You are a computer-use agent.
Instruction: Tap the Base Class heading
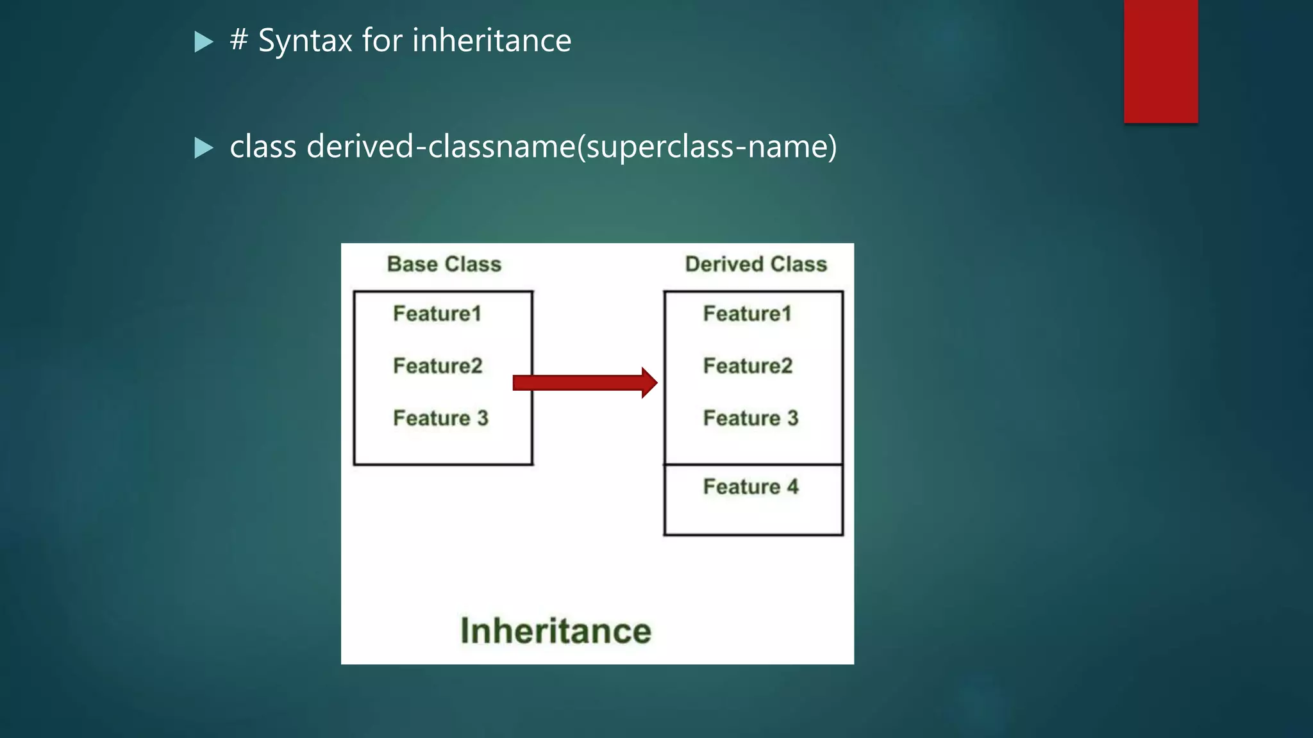pyautogui.click(x=444, y=264)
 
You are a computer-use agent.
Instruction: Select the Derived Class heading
pyautogui.click(x=756, y=264)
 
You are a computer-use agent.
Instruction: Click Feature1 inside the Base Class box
pyautogui.click(x=437, y=314)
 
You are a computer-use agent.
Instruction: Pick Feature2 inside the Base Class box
pyautogui.click(x=437, y=366)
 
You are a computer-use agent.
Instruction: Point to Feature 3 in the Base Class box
pyautogui.click(x=440, y=418)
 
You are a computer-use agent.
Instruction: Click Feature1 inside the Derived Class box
pyautogui.click(x=747, y=314)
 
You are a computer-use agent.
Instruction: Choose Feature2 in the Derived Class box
pyautogui.click(x=748, y=366)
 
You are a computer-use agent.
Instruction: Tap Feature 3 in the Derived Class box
pyautogui.click(x=751, y=418)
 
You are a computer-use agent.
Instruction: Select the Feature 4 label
pyautogui.click(x=751, y=487)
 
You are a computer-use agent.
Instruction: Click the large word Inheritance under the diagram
pyautogui.click(x=556, y=631)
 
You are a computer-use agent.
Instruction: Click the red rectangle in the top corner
pyautogui.click(x=1160, y=61)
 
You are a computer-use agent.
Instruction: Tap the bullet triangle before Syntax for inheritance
pyautogui.click(x=203, y=42)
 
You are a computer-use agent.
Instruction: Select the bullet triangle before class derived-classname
pyautogui.click(x=203, y=148)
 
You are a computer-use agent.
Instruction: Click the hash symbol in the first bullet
pyautogui.click(x=239, y=40)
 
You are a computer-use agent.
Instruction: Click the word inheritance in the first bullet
pyautogui.click(x=492, y=41)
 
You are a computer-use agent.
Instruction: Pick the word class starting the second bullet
pyautogui.click(x=263, y=147)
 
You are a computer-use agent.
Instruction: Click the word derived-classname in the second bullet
pyautogui.click(x=441, y=147)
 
